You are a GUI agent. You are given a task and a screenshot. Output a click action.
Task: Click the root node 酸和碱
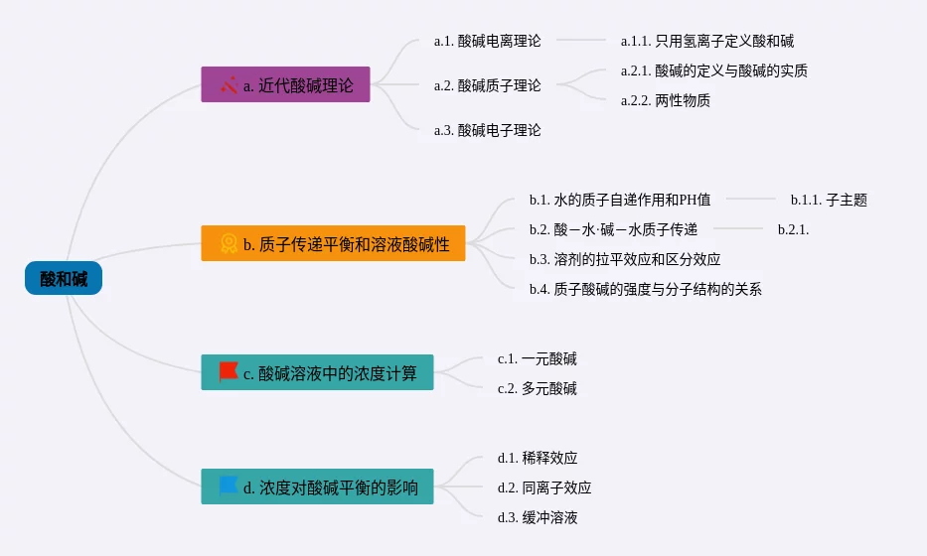(x=64, y=279)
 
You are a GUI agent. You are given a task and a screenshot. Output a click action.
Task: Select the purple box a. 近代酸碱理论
(x=285, y=85)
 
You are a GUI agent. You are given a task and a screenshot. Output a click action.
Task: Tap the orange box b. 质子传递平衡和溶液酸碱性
(x=333, y=243)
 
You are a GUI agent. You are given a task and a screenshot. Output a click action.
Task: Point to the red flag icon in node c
(x=229, y=372)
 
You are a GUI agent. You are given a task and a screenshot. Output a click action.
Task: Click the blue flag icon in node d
(x=229, y=486)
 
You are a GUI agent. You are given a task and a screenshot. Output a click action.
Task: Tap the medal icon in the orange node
(x=229, y=243)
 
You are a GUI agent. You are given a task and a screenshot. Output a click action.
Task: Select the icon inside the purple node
(x=229, y=85)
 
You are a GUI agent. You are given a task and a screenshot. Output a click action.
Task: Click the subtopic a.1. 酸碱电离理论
(x=488, y=41)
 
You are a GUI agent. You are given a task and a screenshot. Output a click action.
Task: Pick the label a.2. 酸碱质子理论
(x=488, y=85)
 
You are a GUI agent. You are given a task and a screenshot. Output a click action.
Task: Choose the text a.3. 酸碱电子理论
(x=488, y=130)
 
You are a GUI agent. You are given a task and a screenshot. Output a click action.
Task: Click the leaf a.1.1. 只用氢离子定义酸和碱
(x=707, y=41)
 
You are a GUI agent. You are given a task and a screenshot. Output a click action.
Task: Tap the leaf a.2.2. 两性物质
(x=666, y=100)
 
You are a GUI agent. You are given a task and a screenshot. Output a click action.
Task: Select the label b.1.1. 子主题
(x=829, y=200)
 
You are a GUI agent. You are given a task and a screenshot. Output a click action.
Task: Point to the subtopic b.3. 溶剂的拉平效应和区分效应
(x=625, y=259)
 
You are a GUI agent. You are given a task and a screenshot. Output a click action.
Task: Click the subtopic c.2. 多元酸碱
(x=538, y=388)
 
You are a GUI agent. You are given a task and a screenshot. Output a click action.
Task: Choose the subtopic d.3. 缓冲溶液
(x=538, y=517)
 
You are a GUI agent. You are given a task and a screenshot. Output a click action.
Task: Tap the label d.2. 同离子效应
(x=544, y=487)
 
